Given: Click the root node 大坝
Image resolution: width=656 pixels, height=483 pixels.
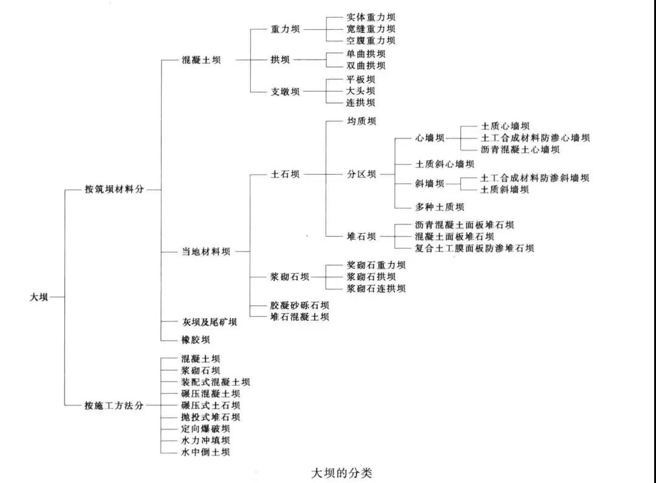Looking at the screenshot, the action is point(39,297).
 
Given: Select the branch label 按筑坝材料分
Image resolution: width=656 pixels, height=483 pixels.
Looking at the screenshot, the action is point(114,189).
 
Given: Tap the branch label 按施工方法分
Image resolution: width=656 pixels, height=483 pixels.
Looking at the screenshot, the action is point(114,405).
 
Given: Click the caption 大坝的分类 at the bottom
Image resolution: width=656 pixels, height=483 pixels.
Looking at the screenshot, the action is point(341,473).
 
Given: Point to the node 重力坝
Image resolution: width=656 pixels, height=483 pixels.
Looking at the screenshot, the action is point(285,29).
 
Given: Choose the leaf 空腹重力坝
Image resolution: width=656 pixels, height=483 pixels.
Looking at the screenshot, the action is point(371,41).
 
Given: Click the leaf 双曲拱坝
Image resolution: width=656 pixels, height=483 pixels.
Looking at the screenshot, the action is point(366,66).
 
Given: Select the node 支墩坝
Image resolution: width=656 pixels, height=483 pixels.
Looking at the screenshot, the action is point(285,92).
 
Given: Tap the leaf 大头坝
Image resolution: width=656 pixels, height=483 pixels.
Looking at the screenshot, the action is point(361,90).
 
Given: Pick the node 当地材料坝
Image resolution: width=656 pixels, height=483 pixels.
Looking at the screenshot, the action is point(206,252).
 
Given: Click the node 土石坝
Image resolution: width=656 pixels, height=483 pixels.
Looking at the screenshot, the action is point(285,174).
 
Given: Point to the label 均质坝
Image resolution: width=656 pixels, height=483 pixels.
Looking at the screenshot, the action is point(361,121).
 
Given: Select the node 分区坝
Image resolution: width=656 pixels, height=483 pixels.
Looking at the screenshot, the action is point(361,174).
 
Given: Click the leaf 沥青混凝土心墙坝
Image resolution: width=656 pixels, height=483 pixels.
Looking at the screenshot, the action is point(520,150).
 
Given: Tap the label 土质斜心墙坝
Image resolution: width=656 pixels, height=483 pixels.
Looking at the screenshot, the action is point(445,164).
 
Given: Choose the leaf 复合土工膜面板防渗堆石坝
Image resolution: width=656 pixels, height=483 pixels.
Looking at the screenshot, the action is point(474,248).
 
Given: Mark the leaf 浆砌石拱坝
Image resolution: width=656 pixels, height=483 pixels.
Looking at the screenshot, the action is point(371,277).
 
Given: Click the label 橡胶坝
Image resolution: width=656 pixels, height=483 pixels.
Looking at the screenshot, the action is point(196,340).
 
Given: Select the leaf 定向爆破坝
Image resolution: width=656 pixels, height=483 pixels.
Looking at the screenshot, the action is point(205,428).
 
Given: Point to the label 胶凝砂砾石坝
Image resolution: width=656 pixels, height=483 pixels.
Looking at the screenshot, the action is point(299,305).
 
